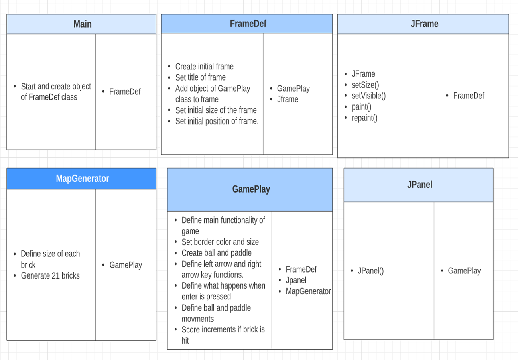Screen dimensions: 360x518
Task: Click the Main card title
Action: click(x=83, y=24)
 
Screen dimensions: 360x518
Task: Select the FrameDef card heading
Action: click(x=248, y=24)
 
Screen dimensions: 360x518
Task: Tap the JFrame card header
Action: click(x=424, y=24)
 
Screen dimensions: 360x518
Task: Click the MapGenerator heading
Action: click(x=83, y=179)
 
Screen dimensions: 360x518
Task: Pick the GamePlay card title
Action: click(x=251, y=189)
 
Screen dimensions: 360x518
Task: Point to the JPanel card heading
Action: click(x=420, y=184)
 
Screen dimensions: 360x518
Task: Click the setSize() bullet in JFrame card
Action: click(x=365, y=85)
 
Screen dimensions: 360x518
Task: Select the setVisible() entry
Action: click(x=368, y=96)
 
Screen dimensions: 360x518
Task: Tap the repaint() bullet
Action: click(x=364, y=118)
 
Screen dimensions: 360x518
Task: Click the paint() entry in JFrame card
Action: click(x=361, y=107)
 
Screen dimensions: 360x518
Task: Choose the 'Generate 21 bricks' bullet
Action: click(x=50, y=275)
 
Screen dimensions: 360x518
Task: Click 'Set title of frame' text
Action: click(x=200, y=77)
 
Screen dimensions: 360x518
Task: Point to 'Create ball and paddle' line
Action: click(x=217, y=253)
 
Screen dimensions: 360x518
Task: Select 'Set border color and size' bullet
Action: click(x=220, y=242)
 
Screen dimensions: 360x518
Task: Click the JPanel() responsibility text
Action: click(x=370, y=271)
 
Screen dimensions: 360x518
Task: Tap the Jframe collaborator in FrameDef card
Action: click(x=288, y=99)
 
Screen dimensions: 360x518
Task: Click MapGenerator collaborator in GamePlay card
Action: click(x=308, y=291)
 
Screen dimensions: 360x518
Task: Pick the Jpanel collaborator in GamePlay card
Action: click(x=296, y=280)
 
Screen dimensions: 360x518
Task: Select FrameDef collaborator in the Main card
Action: click(x=125, y=92)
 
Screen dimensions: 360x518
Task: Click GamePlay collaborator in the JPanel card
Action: click(x=464, y=271)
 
